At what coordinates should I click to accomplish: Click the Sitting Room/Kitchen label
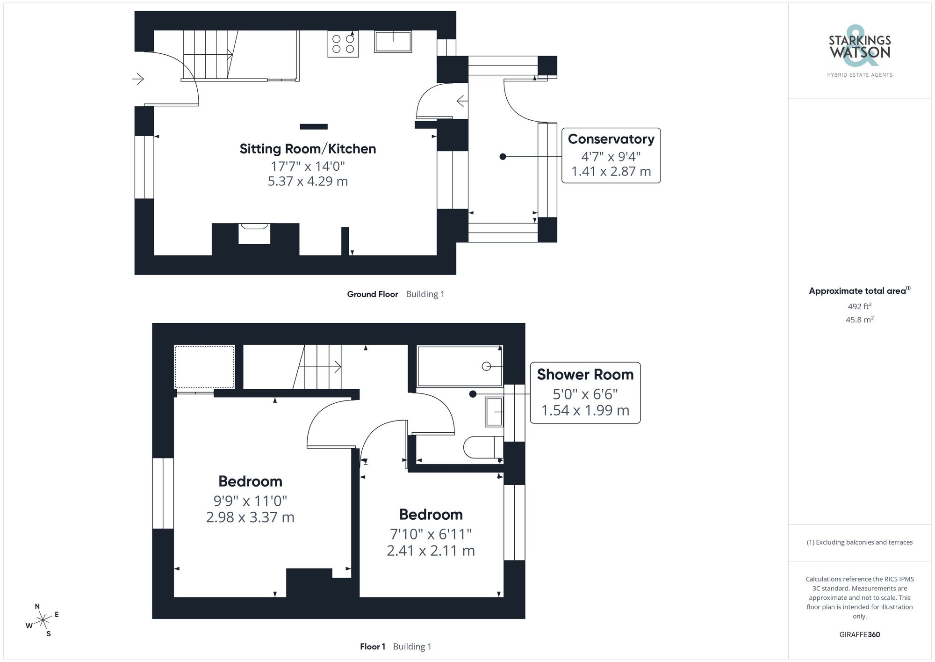point(308,149)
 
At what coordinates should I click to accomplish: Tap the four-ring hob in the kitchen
point(343,44)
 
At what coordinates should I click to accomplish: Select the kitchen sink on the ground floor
point(393,42)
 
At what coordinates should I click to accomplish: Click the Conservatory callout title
point(611,139)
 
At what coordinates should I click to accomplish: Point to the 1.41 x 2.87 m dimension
point(611,171)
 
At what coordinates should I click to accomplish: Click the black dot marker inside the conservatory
point(503,157)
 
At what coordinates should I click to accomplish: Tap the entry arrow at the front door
point(138,79)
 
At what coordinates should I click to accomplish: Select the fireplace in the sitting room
point(254,233)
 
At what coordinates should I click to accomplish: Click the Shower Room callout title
point(585,374)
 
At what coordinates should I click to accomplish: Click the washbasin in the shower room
point(494,412)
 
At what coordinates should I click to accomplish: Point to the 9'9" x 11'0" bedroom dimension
point(250,501)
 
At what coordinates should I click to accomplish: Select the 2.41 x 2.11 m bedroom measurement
point(431,551)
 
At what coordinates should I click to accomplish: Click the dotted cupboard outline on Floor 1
point(204,367)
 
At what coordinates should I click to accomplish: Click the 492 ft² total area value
point(859,306)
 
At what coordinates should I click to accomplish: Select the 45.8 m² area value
point(859,320)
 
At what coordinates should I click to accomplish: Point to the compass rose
point(43,620)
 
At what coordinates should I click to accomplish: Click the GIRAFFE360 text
point(859,634)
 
